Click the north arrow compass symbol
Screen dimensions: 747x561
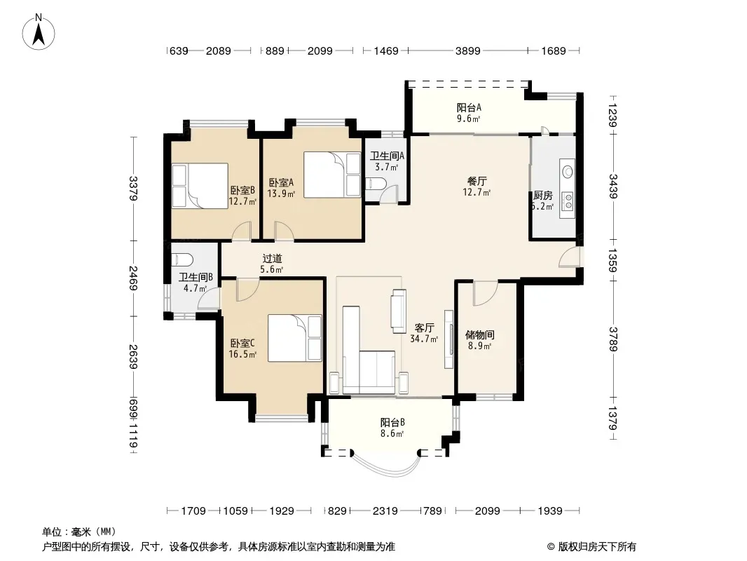tap(39, 32)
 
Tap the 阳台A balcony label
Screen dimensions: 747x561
tap(469, 107)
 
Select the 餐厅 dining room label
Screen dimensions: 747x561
tap(477, 181)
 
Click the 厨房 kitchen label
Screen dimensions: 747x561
tap(542, 196)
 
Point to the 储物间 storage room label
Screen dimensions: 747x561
tap(480, 334)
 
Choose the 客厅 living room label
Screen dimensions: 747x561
tap(424, 328)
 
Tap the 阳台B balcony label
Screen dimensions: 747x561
tap(392, 422)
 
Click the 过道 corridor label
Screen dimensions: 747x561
tap(272, 258)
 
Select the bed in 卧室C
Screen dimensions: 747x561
tap(295, 338)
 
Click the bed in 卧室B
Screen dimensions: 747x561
tap(200, 186)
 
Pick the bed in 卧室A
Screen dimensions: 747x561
tap(333, 175)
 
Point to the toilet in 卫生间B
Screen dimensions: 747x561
tap(182, 259)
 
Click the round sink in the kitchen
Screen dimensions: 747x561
tap(568, 170)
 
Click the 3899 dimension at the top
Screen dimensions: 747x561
tap(468, 50)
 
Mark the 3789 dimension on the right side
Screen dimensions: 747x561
tap(613, 339)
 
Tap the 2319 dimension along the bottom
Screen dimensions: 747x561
tap(385, 511)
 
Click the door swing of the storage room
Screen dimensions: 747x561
tap(486, 294)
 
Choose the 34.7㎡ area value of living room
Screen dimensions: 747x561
tap(424, 339)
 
